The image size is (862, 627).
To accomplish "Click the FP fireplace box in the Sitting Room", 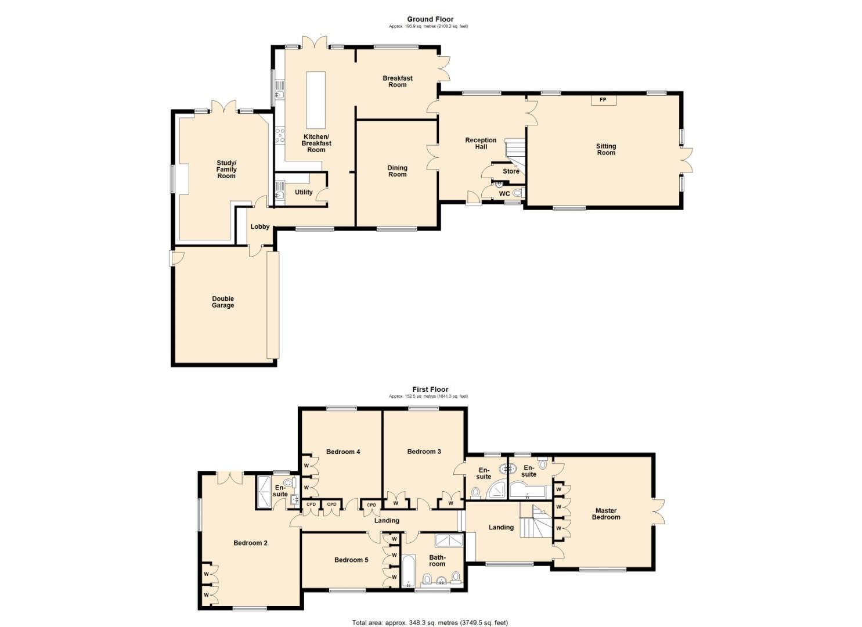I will pyautogui.click(x=603, y=100).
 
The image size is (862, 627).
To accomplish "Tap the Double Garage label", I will pyautogui.click(x=223, y=302).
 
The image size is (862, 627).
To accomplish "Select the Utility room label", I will pyautogui.click(x=304, y=192).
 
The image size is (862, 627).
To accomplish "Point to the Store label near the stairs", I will pyautogui.click(x=511, y=172).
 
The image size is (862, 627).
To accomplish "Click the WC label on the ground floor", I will pyautogui.click(x=504, y=194).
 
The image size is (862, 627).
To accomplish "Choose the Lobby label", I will pyautogui.click(x=259, y=227).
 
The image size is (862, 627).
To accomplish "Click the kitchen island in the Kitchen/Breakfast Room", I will pyautogui.click(x=316, y=100).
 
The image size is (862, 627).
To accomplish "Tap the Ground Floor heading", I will pyautogui.click(x=430, y=19).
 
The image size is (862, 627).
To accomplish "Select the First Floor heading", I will pyautogui.click(x=430, y=390).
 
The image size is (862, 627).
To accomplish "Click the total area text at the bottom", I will pyautogui.click(x=430, y=623).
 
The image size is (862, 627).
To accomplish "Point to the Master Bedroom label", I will pyautogui.click(x=605, y=514).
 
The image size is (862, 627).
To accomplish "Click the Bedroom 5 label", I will pyautogui.click(x=351, y=560).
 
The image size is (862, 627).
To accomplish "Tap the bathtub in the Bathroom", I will pyautogui.click(x=409, y=571).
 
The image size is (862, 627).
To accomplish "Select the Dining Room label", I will pyautogui.click(x=397, y=171).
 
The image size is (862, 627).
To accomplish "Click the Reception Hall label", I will pyautogui.click(x=481, y=143).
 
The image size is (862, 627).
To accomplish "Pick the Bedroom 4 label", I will pyautogui.click(x=343, y=452).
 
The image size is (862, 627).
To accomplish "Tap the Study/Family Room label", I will pyautogui.click(x=226, y=170).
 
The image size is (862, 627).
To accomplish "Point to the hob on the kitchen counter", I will pyautogui.click(x=280, y=135).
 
